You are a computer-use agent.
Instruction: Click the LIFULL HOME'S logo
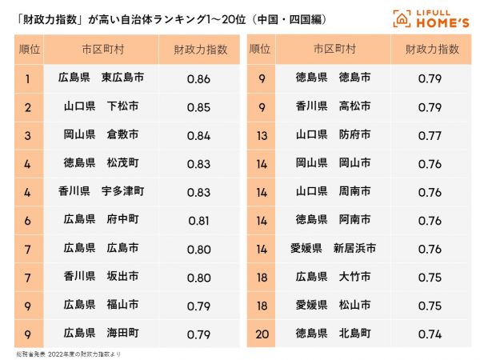click(x=430, y=17)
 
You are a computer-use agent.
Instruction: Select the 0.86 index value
click(x=198, y=78)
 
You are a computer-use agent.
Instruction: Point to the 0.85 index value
click(x=198, y=106)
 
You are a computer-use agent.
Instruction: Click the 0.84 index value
click(x=198, y=134)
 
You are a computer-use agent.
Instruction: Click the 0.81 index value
click(x=198, y=220)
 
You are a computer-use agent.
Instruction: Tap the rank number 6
click(x=28, y=220)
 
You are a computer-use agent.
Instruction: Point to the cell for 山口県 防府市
click(x=333, y=134)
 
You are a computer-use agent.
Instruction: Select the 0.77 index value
click(x=430, y=134)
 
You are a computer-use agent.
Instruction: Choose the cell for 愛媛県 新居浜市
click(x=333, y=248)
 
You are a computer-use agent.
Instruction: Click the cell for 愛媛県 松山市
click(x=333, y=305)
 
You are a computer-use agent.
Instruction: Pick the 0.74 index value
click(x=430, y=333)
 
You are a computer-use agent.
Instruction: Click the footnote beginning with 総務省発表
click(x=68, y=353)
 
